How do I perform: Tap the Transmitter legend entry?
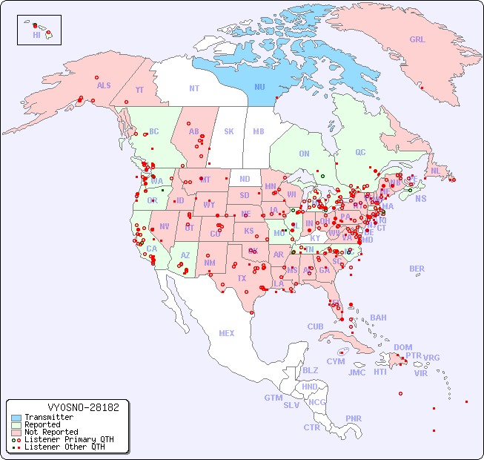click(48, 417)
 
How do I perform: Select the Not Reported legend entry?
click(50, 432)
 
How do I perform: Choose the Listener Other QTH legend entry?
click(63, 447)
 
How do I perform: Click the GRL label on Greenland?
click(417, 40)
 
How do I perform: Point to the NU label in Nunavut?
click(260, 87)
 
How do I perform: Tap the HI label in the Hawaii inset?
click(36, 34)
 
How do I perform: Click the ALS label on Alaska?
click(104, 85)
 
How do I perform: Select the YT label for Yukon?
click(139, 90)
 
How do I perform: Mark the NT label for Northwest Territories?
click(193, 88)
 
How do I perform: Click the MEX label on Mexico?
click(227, 333)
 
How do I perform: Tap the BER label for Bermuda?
click(417, 269)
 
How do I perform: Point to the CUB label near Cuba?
click(316, 326)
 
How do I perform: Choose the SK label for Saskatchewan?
click(229, 131)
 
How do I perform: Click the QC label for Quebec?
click(360, 152)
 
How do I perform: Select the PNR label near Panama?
click(354, 418)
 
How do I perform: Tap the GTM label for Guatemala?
click(273, 398)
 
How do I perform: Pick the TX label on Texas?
click(242, 278)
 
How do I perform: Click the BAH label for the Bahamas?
click(378, 318)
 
